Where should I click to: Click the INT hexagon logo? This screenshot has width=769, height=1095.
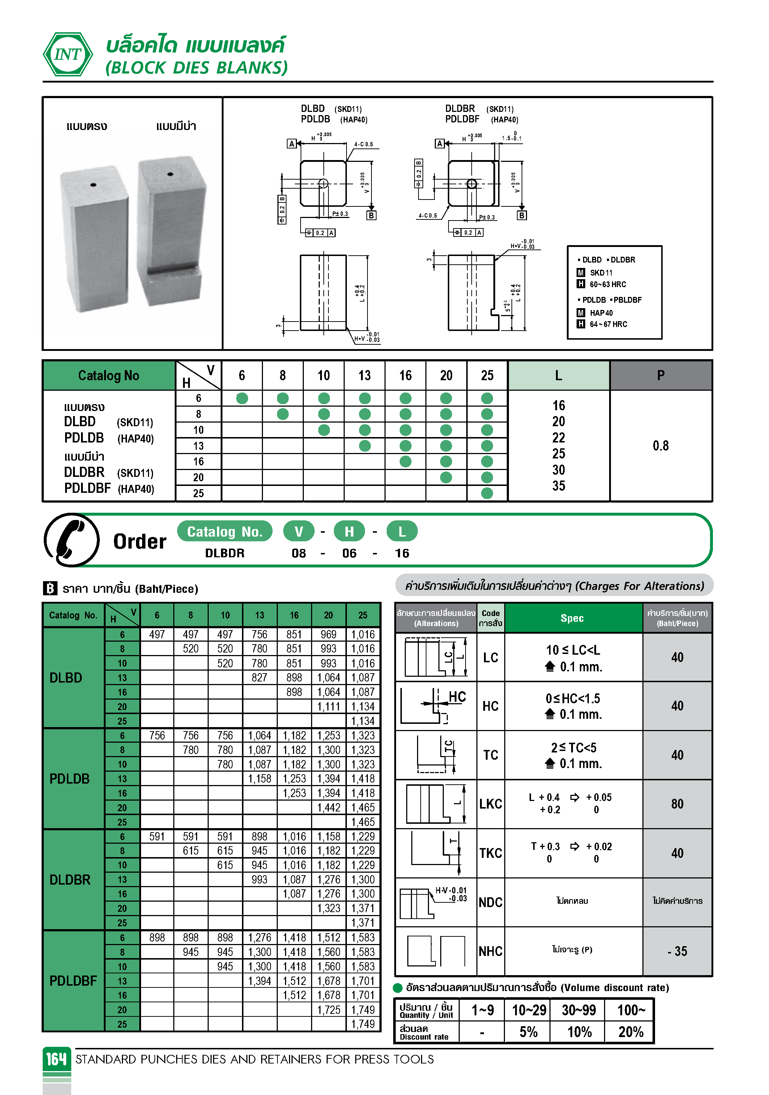tap(68, 54)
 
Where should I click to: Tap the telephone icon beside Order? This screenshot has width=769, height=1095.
tap(72, 540)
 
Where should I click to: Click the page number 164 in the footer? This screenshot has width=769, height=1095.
tap(56, 1059)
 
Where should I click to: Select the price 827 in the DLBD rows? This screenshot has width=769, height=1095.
tap(259, 678)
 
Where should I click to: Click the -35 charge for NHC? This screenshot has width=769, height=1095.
tap(677, 952)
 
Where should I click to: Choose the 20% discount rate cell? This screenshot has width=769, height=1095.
tap(630, 1032)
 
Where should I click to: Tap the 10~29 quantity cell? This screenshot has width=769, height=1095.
tap(528, 1010)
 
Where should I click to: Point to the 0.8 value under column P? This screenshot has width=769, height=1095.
tap(660, 446)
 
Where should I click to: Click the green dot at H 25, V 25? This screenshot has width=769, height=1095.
tap(487, 493)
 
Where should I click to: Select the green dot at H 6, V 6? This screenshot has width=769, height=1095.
tap(242, 398)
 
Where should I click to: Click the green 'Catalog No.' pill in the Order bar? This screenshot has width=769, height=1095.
tap(224, 531)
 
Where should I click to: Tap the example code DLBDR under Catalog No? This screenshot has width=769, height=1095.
tap(224, 553)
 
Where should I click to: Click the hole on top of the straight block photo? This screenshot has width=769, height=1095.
tap(93, 185)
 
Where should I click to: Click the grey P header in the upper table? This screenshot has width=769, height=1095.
tap(660, 376)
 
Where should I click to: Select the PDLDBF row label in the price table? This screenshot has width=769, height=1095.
tap(73, 981)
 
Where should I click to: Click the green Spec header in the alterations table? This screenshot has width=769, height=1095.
tap(572, 618)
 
